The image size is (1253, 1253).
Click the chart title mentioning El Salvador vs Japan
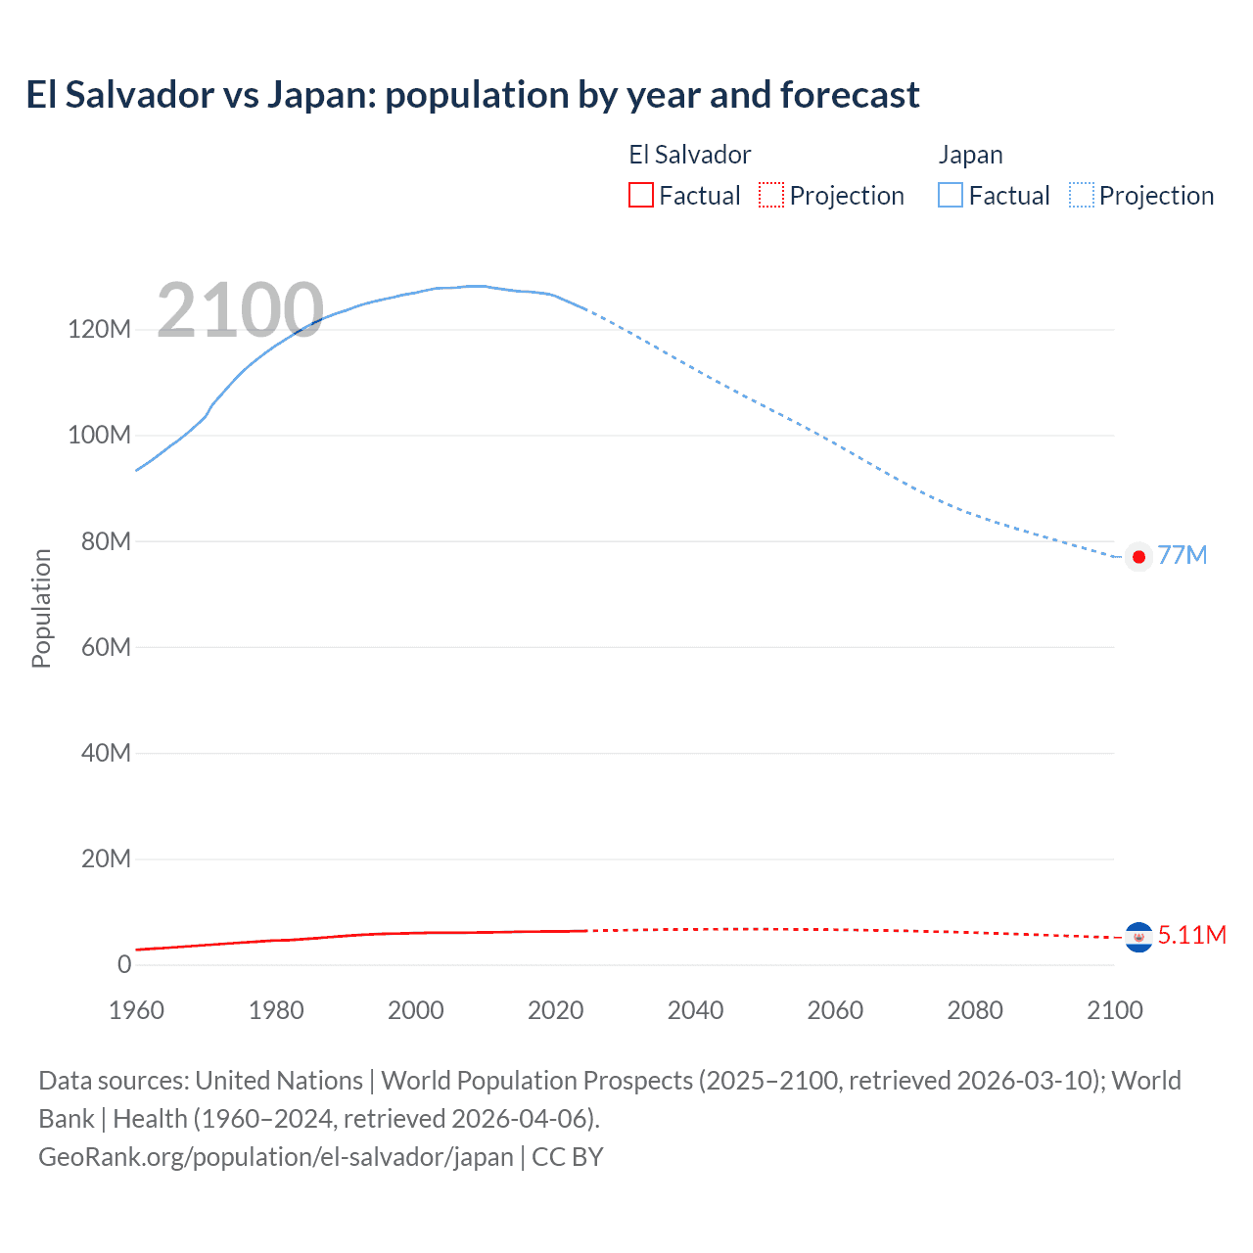tap(473, 95)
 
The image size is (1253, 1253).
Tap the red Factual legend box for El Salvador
tap(640, 195)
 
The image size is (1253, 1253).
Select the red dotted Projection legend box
tap(771, 195)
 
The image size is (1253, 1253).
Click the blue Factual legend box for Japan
tap(950, 195)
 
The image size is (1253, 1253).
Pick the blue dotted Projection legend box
tap(1081, 195)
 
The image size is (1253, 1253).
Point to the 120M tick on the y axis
tap(99, 329)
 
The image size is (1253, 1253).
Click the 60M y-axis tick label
tap(105, 647)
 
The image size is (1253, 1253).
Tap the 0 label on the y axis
tap(124, 964)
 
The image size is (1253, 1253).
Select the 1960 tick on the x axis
tap(136, 1010)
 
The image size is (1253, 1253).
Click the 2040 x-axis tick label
tap(695, 1010)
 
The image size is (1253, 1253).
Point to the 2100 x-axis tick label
tap(1114, 1010)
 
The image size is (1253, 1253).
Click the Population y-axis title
tap(41, 608)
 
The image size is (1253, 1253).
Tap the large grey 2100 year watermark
tap(240, 310)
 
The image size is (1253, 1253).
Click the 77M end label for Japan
tap(1182, 555)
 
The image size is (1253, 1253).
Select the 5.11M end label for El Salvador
tap(1191, 935)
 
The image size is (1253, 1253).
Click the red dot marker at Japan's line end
tap(1138, 557)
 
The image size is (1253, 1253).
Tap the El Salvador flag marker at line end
tap(1138, 938)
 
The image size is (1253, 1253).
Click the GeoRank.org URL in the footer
tap(276, 1157)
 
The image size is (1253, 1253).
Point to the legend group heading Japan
tap(970, 155)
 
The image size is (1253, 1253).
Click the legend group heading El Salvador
tap(689, 155)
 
